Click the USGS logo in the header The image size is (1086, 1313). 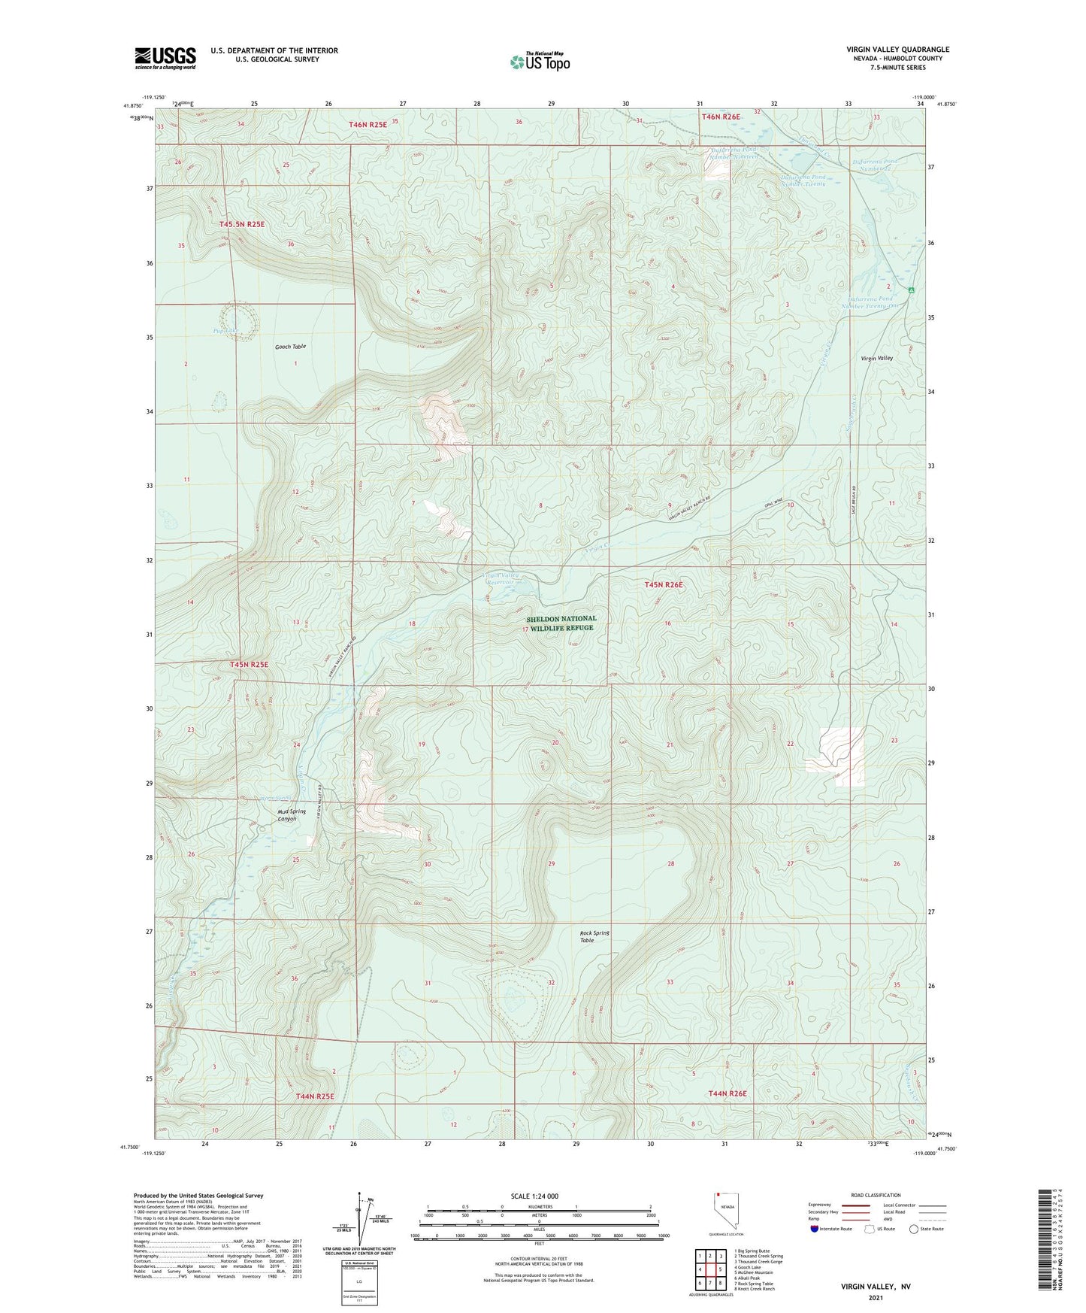(165, 58)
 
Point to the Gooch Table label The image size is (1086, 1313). (289, 347)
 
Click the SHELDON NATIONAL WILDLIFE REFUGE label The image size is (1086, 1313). (561, 623)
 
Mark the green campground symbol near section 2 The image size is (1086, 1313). (911, 290)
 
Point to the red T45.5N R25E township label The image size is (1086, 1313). (242, 224)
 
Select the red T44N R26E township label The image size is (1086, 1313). (727, 1093)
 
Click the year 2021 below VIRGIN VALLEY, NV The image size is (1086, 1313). (875, 1297)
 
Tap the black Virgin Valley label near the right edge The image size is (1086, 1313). (876, 359)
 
